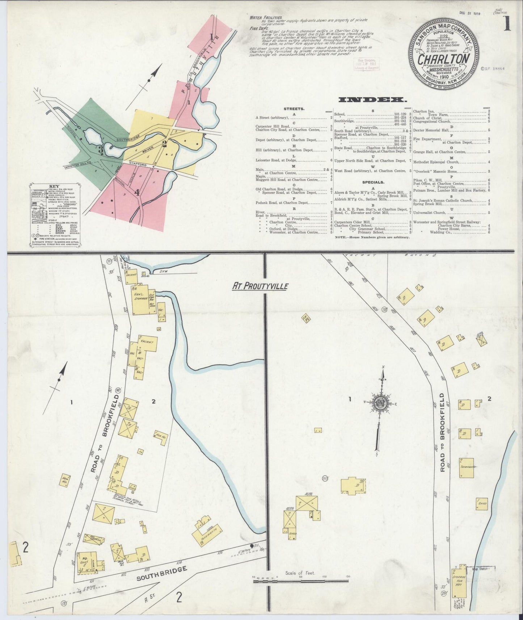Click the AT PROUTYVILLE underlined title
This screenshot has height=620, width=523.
coord(260,286)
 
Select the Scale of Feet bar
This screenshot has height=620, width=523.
coord(300,581)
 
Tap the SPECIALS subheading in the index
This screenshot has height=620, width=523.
coord(372,183)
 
